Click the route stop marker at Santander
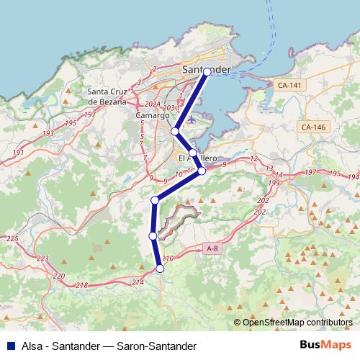(x=207, y=71)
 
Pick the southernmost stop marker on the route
(x=160, y=269)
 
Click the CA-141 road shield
(x=290, y=85)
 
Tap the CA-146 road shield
(x=313, y=127)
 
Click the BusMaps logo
(x=324, y=346)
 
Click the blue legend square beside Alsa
(x=10, y=346)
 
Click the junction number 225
(x=12, y=238)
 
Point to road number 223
(x=43, y=258)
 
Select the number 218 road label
(x=81, y=286)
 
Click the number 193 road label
(x=48, y=134)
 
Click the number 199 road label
(x=274, y=184)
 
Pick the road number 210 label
(x=168, y=258)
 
